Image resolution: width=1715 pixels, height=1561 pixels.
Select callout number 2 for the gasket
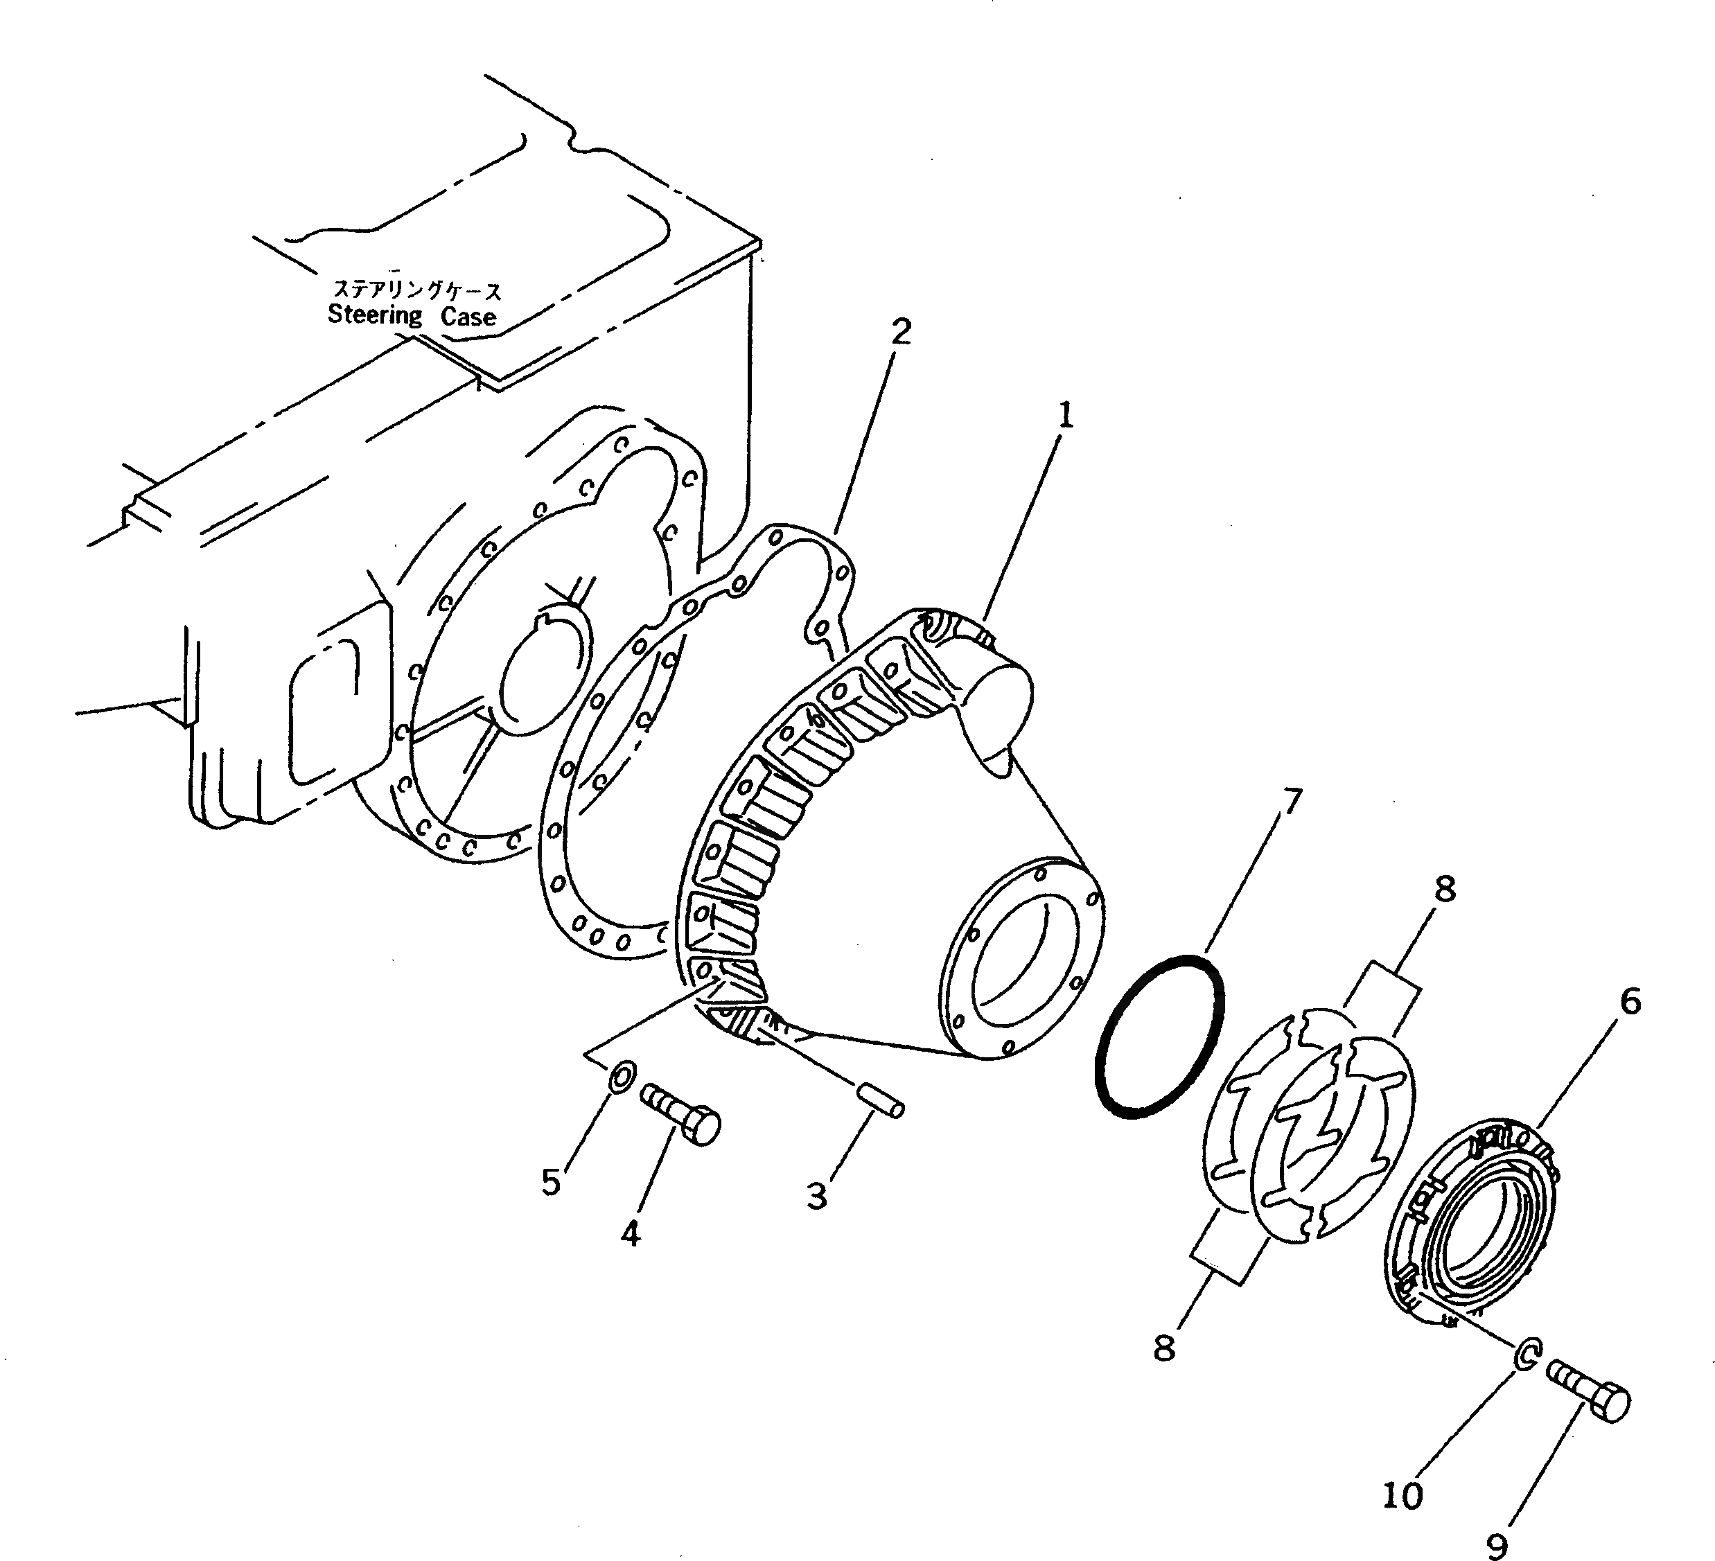(901, 331)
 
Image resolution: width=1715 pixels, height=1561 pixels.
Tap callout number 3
(817, 1196)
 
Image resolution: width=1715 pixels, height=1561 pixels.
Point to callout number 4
(631, 1233)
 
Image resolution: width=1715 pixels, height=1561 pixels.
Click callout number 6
(1629, 1002)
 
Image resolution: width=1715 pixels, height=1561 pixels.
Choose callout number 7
(1292, 802)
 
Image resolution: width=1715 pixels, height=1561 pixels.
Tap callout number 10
(1402, 1494)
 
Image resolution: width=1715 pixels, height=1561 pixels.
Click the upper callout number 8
(1445, 890)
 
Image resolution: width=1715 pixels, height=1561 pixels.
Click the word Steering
(375, 316)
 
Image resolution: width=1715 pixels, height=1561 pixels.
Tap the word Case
(468, 317)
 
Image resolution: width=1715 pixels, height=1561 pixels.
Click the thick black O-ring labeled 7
(1159, 1034)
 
